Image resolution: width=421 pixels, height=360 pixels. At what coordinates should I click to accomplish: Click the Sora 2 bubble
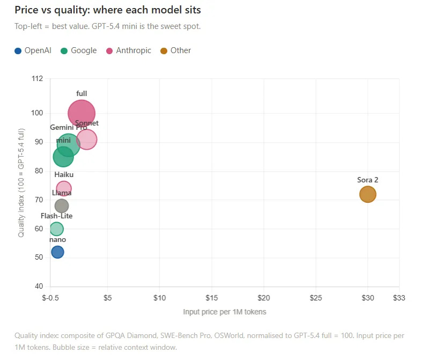click(367, 194)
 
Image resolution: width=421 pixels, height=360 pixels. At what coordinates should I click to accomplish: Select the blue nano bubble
click(57, 252)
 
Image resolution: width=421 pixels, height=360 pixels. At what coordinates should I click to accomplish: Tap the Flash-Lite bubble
click(56, 229)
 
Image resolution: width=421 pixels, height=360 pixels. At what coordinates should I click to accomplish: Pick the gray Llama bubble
click(62, 206)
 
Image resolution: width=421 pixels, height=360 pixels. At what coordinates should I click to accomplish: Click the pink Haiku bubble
click(64, 188)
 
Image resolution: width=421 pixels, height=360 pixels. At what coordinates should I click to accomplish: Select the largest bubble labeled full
click(82, 113)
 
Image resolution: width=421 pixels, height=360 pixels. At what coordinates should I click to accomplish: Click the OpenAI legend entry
click(33, 50)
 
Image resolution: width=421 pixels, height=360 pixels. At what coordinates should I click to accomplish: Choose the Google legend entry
click(79, 50)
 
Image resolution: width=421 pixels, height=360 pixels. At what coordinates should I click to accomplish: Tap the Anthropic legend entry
click(129, 50)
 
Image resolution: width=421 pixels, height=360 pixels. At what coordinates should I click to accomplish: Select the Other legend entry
click(176, 50)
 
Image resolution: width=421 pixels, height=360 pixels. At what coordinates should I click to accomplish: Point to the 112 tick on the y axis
click(37, 79)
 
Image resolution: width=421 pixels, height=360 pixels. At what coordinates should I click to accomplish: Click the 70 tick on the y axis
click(39, 200)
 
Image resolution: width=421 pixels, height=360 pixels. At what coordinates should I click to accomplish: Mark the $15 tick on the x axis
click(211, 298)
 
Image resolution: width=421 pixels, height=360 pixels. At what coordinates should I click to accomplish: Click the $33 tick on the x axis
click(399, 298)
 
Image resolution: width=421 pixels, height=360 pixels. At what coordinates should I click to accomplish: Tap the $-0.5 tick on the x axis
click(50, 298)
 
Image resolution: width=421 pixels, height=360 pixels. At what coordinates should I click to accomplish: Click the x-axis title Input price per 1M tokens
click(224, 312)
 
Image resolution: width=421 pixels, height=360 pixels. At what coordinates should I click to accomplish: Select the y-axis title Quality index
click(21, 182)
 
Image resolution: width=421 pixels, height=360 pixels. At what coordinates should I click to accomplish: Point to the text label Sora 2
click(367, 180)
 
